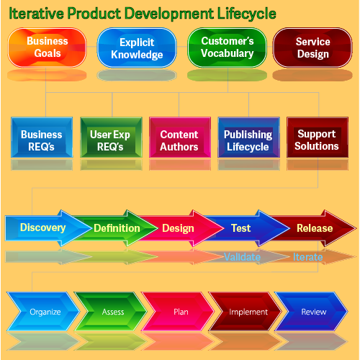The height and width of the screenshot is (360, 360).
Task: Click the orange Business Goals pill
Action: point(47,48)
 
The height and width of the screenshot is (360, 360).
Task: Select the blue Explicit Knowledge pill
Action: point(137,48)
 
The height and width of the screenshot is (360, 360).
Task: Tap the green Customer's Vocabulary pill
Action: point(227,48)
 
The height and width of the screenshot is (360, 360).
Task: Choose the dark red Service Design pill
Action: point(312,48)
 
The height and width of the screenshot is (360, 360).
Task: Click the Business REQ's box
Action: point(42,138)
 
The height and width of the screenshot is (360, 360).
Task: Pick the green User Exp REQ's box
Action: point(111,138)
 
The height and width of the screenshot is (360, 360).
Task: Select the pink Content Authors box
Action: point(180,138)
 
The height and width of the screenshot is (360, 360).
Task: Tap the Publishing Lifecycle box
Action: point(248,138)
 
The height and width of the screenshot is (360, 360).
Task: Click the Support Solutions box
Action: point(318,138)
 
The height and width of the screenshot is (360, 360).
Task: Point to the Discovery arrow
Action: point(48,228)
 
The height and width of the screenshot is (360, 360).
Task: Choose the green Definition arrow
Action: point(115,228)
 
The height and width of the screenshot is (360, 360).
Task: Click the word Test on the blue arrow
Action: point(240,228)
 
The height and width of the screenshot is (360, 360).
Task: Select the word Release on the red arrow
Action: point(315,228)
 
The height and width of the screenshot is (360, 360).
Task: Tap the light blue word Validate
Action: point(242,257)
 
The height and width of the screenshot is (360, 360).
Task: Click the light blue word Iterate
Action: point(307,257)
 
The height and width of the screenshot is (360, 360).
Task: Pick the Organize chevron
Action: point(43,312)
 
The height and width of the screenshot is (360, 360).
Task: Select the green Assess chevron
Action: point(110,312)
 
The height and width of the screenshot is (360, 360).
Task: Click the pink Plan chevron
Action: point(178,312)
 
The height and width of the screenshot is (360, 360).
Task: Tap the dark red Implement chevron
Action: point(245,312)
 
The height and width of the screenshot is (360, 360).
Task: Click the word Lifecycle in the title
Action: point(247,14)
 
